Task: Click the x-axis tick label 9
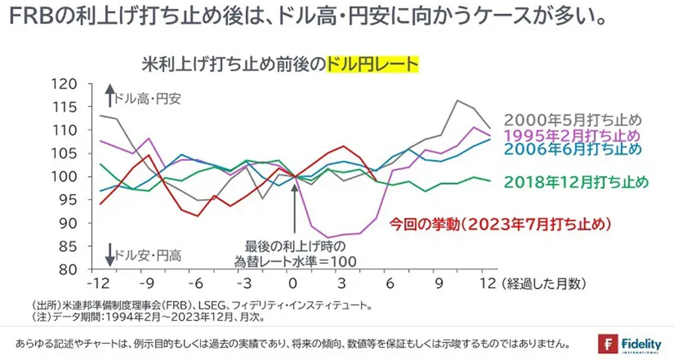(x=439, y=283)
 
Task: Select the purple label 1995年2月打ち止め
(x=573, y=135)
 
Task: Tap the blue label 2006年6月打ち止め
(x=573, y=150)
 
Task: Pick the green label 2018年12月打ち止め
(x=576, y=182)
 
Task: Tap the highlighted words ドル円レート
(x=372, y=65)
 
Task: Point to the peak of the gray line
(x=458, y=100)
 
